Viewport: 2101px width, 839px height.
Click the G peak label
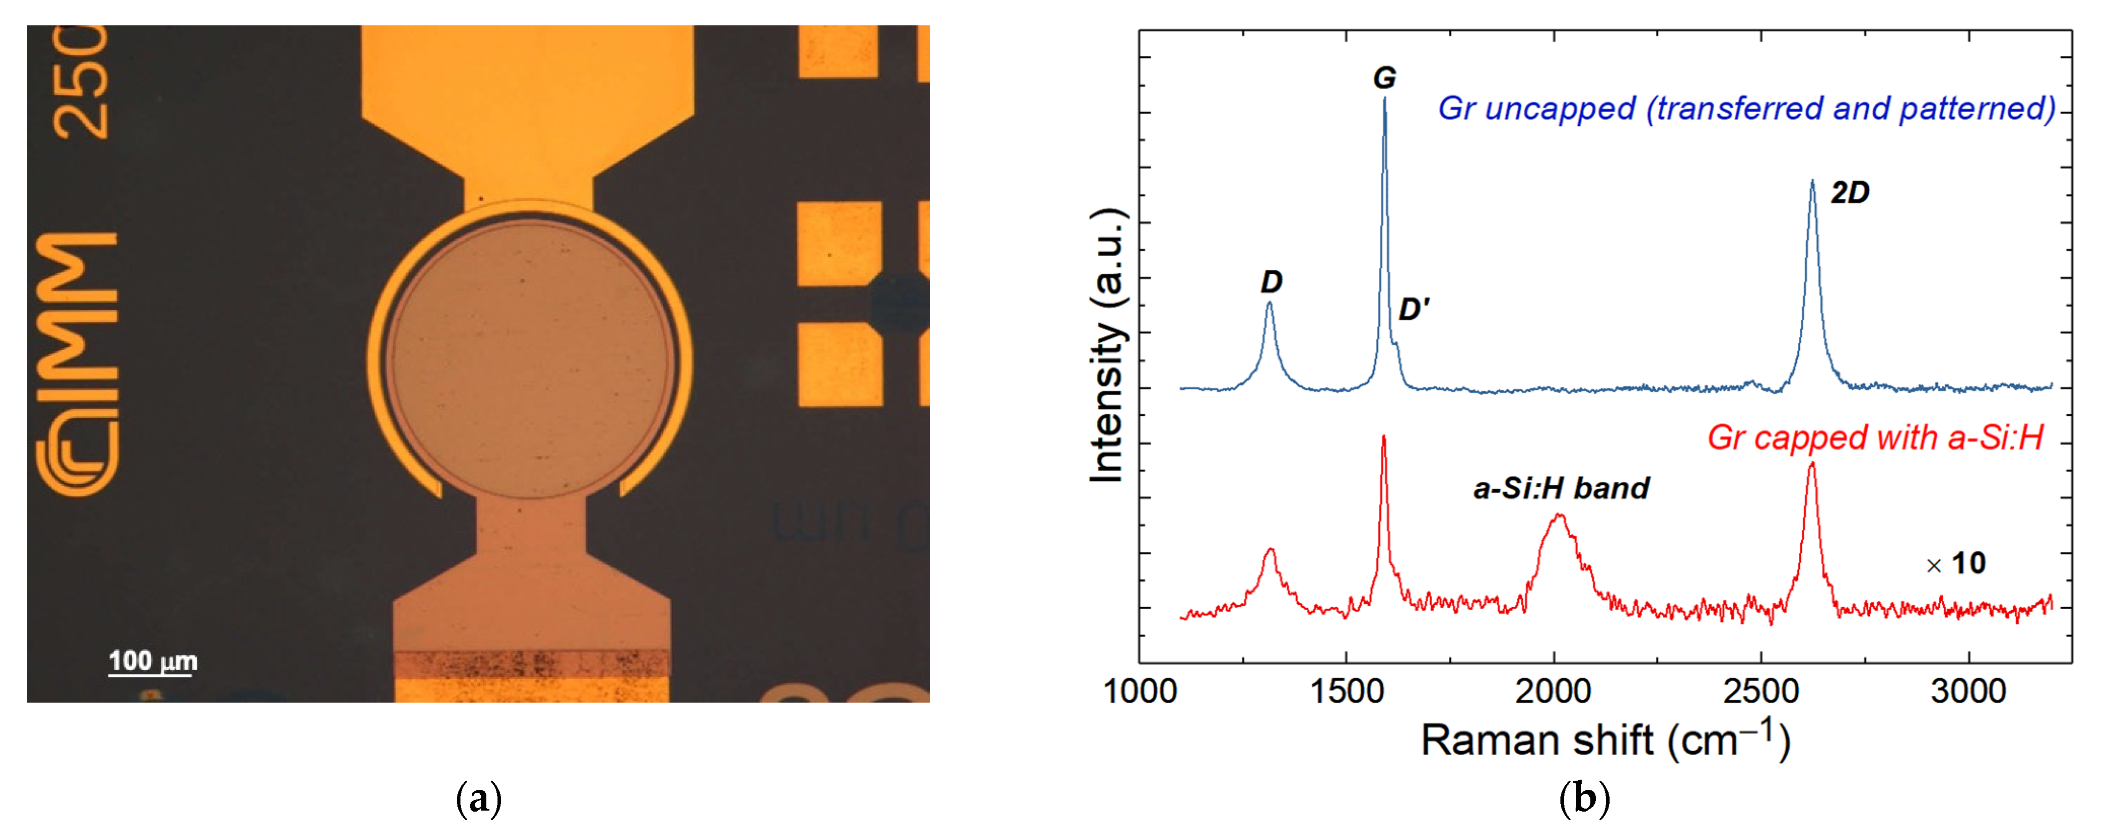tap(1384, 78)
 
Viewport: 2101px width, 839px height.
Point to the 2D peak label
tap(1850, 193)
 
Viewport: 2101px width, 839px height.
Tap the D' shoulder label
tap(1413, 309)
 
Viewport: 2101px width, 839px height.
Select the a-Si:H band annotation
tap(1560, 488)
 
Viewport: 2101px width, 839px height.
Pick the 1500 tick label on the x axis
tap(1346, 691)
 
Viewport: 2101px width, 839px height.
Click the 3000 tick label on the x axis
tap(1968, 691)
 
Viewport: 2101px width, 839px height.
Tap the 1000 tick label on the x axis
tap(1139, 691)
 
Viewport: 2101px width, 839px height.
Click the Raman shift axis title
tap(1605, 740)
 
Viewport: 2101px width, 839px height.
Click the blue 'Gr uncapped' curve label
tap(1746, 108)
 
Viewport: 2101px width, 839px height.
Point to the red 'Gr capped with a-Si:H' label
tap(1875, 438)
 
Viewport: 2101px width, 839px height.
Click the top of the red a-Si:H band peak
tap(1558, 515)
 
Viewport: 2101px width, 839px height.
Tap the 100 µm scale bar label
tap(153, 661)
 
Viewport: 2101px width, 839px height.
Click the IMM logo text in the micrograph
tap(78, 318)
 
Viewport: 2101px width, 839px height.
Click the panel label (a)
tap(478, 799)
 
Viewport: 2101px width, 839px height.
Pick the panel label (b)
tap(1584, 799)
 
